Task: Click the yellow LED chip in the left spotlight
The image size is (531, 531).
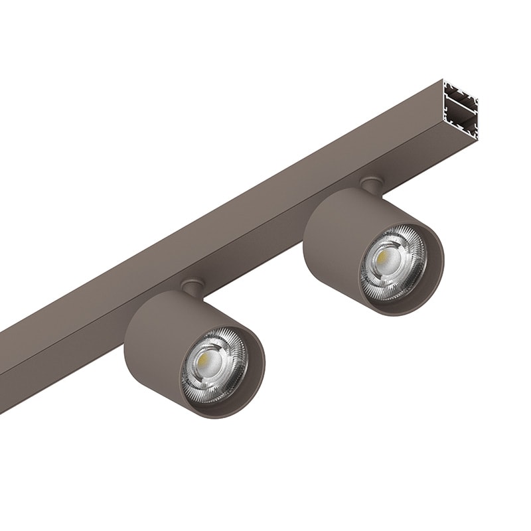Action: click(201, 361)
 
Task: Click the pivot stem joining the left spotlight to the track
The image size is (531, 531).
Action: click(192, 287)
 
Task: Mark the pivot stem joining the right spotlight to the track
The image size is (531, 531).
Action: click(372, 185)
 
